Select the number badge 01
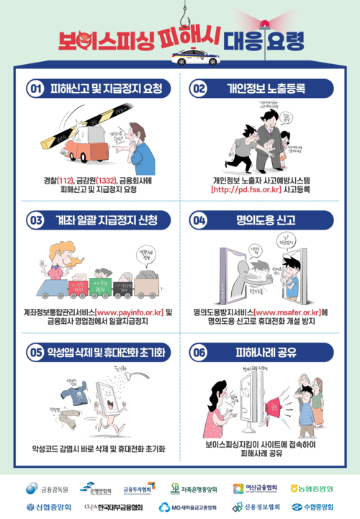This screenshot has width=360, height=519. (x=35, y=89)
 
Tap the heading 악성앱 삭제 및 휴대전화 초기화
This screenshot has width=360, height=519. (x=107, y=352)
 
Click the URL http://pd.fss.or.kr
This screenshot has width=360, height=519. (x=242, y=190)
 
